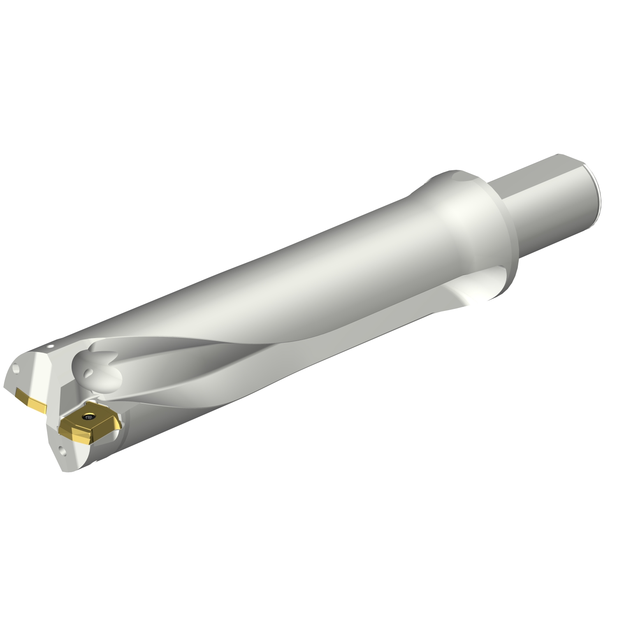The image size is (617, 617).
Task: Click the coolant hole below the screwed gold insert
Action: coord(63,451)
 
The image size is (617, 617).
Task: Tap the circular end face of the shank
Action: coord(596,193)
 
